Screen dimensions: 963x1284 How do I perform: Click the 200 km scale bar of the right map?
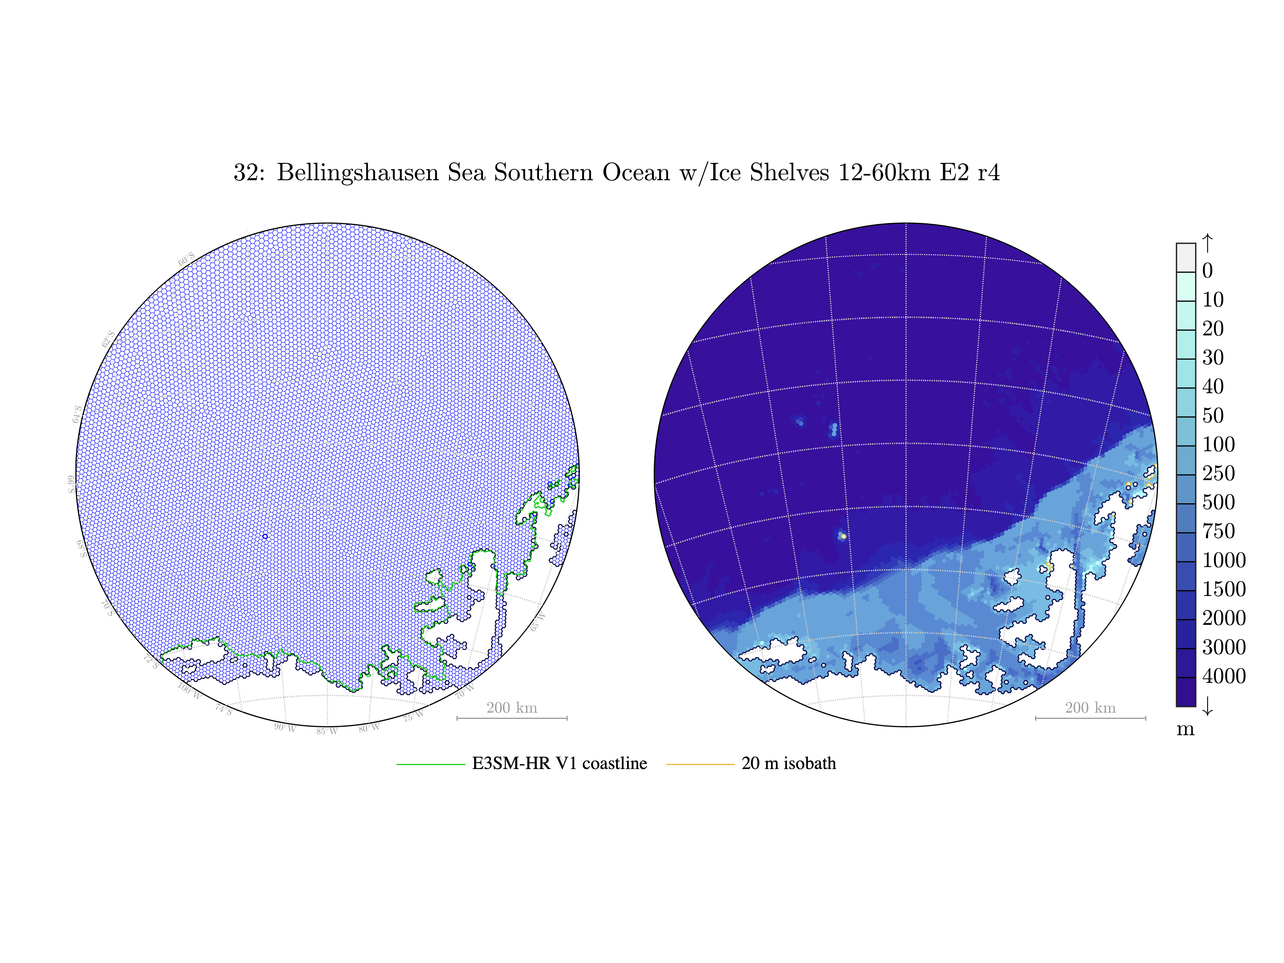point(1090,718)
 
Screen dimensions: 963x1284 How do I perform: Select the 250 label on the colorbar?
point(1219,474)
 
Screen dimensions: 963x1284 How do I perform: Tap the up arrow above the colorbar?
point(1207,243)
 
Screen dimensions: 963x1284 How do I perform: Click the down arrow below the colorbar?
point(1207,706)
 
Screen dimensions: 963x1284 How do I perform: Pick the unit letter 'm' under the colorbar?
point(1185,729)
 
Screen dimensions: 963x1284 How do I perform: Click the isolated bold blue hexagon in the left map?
point(265,536)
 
